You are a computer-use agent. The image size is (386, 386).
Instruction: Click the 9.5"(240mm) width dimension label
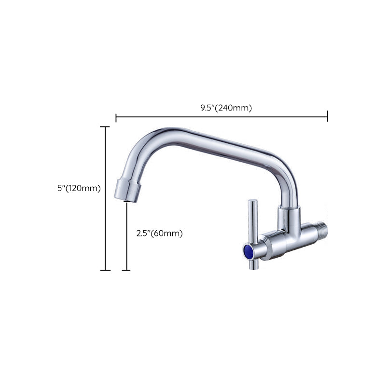coord(226,108)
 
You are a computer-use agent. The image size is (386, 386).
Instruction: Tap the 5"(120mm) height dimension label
coord(79,189)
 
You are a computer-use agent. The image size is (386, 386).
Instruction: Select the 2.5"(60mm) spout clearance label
coord(160,234)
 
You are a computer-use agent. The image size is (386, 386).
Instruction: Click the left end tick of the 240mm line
coord(116,116)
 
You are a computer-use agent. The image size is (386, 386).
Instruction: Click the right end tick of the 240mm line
coord(328,116)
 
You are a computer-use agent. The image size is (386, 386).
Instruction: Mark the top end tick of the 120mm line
coord(105,127)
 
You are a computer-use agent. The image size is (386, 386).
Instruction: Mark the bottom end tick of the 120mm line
coord(105,270)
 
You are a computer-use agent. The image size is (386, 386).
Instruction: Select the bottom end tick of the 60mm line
coord(126,270)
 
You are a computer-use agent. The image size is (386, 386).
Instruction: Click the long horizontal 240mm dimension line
coord(222,116)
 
